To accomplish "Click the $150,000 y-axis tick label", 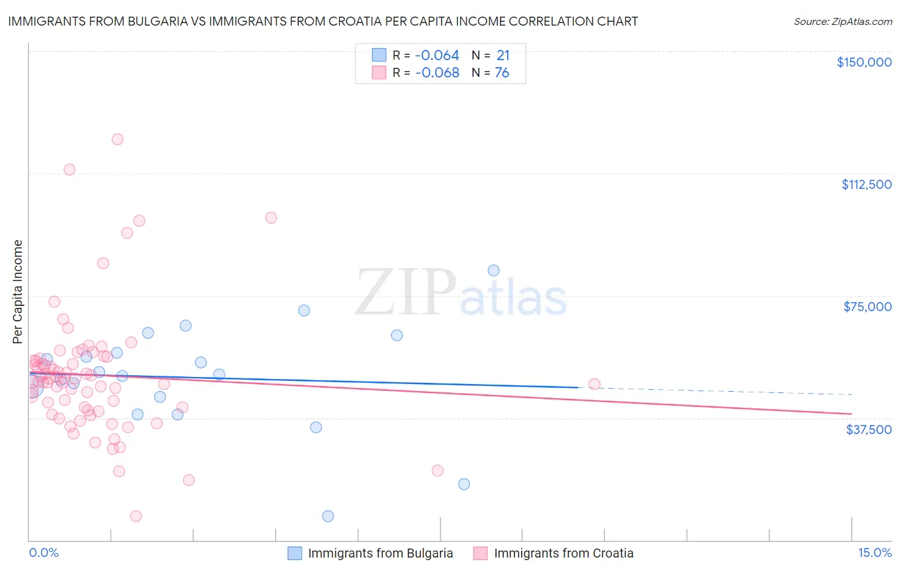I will coord(864,62).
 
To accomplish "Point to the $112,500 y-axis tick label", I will coord(866,184).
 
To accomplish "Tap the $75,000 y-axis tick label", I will coord(867,307).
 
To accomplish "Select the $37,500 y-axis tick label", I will coord(869,430).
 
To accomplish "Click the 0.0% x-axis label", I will coord(44,553).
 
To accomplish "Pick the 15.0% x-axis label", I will coord(874,553).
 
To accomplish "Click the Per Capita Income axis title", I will coord(18,292).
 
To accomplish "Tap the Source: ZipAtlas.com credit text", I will coord(842,22).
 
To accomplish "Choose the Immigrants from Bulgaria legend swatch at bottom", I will coord(294,554).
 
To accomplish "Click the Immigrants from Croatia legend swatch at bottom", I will coord(480,554).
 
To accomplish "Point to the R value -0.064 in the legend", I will coord(437,56).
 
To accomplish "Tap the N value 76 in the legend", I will coord(502,73).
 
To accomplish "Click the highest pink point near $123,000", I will coord(117,139).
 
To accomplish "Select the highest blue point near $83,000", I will coord(494,270).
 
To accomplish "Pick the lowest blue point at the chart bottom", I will coord(328,516).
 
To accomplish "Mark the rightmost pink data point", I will coord(594,384).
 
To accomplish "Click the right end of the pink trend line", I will coord(851,414).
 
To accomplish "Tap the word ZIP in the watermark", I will coord(405,293).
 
